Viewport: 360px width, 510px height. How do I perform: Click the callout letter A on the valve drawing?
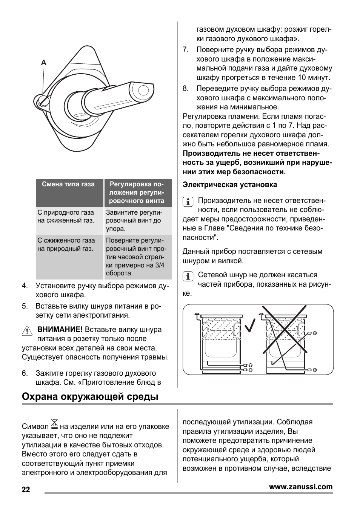(44, 63)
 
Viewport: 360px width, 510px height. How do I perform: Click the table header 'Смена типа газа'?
(68, 184)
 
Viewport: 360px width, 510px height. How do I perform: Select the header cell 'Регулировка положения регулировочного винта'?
(137, 192)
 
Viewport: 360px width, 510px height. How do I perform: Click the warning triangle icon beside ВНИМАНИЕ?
(27, 331)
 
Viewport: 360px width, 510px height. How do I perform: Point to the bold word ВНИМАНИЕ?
(60, 330)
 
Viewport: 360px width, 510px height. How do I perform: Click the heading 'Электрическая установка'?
(230, 185)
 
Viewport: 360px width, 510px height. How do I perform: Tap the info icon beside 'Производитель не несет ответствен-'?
(188, 201)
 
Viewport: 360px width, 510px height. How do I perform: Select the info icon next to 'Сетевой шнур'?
(188, 276)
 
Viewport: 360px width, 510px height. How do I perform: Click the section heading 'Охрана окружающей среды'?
(90, 397)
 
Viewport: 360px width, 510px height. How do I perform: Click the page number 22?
(26, 490)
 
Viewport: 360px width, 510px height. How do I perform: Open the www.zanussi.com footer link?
(301, 487)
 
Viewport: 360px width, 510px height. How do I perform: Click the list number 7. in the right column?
(185, 50)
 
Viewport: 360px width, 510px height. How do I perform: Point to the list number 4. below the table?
(25, 286)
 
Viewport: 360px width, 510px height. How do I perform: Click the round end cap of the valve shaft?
(144, 91)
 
